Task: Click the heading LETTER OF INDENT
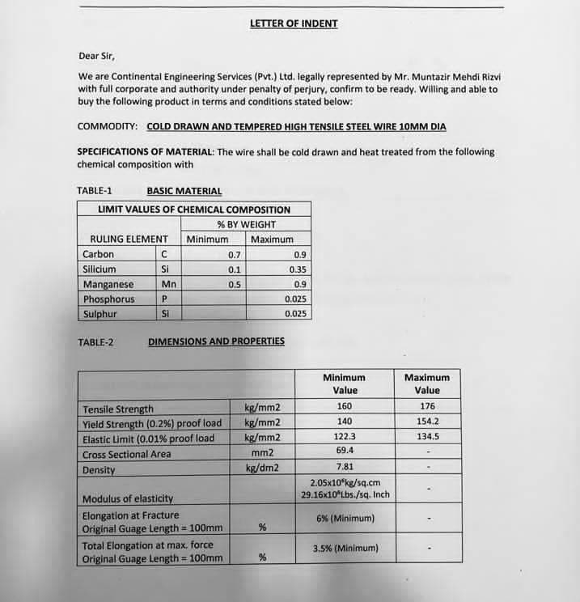click(294, 23)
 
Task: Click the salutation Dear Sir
click(96, 56)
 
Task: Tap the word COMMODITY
click(108, 127)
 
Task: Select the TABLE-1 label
click(95, 191)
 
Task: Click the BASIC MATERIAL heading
click(184, 191)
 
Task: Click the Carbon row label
click(99, 254)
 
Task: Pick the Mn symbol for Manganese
click(169, 284)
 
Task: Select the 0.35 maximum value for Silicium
click(298, 269)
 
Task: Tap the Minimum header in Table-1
click(207, 240)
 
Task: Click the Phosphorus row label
click(108, 299)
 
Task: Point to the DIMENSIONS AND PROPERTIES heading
click(216, 341)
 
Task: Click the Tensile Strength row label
click(117, 409)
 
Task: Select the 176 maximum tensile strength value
click(427, 406)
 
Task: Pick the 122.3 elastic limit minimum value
click(344, 436)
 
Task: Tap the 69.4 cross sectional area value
click(344, 451)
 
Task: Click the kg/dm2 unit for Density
click(262, 468)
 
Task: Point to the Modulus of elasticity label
click(128, 498)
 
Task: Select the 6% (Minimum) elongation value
click(345, 519)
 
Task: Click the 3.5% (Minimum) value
click(345, 549)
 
